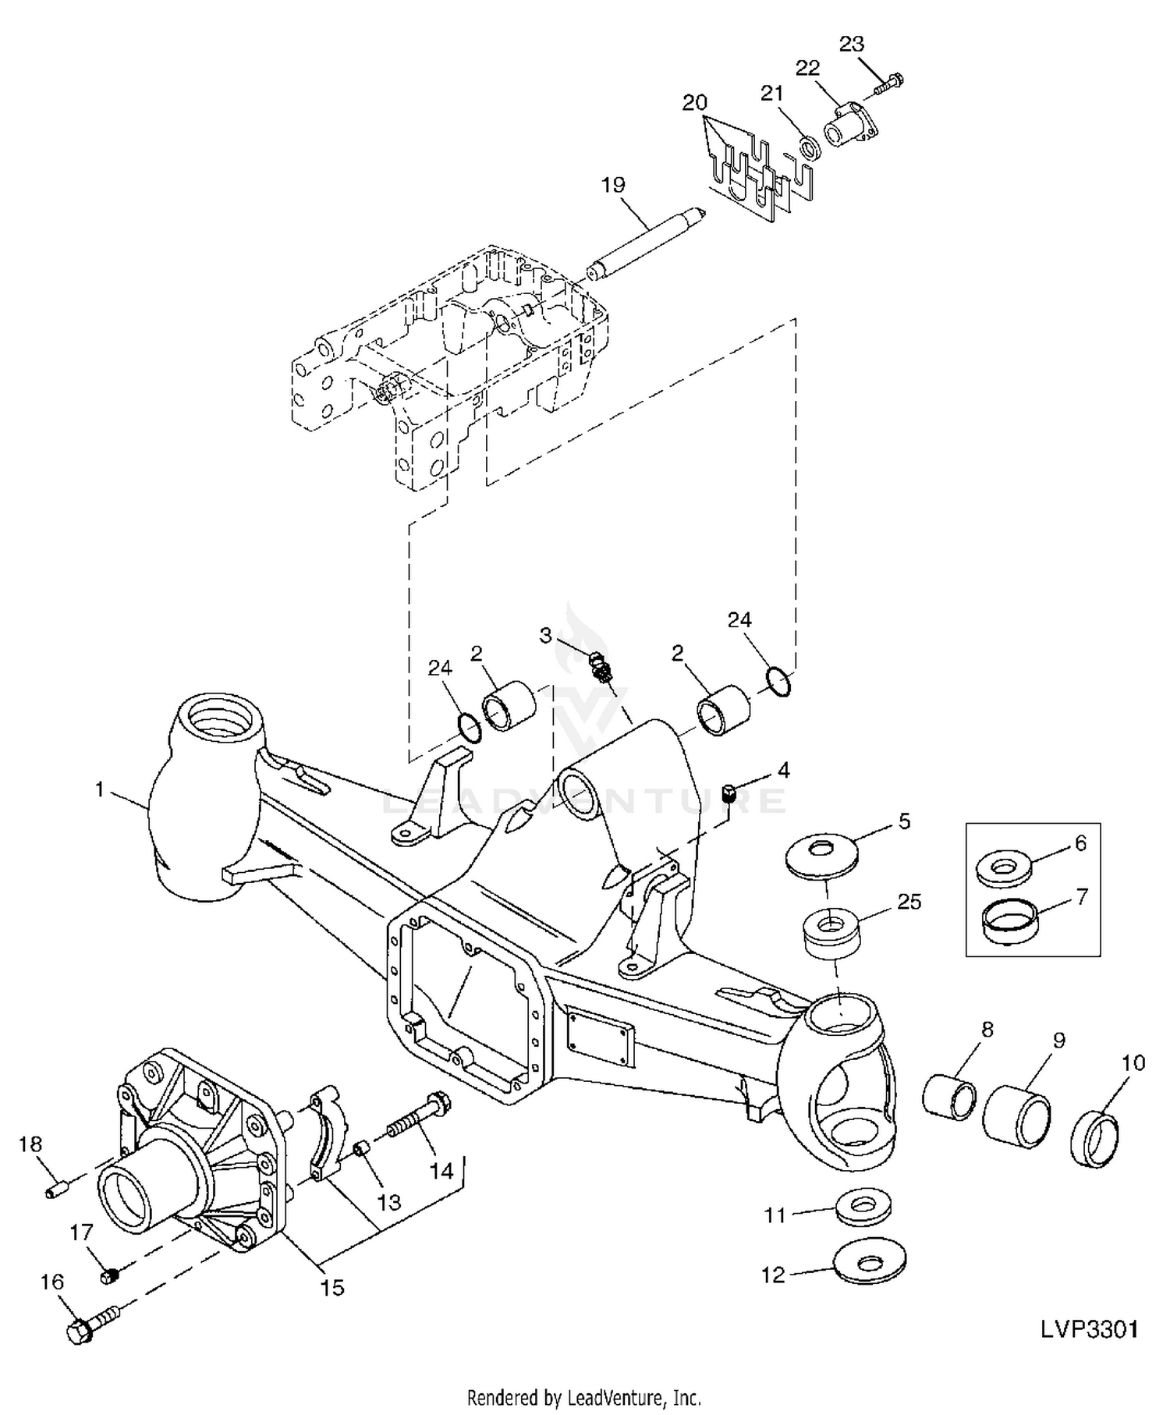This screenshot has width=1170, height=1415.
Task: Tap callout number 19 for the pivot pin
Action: [613, 185]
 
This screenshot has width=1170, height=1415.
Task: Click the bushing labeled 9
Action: [1016, 1117]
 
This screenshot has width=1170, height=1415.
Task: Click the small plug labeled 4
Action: [732, 794]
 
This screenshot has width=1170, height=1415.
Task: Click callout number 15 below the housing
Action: [332, 1288]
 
